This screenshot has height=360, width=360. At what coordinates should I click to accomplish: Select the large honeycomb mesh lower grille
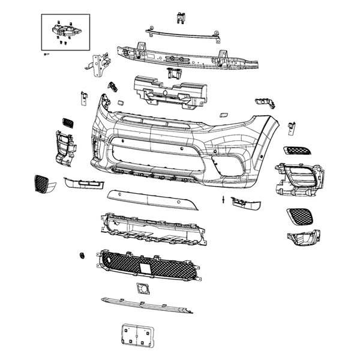tap(147, 264)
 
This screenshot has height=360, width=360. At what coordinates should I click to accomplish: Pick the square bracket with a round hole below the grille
tap(144, 287)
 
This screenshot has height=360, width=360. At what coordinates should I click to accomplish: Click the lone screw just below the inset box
tap(47, 54)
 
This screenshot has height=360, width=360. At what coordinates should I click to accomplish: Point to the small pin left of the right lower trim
tap(223, 199)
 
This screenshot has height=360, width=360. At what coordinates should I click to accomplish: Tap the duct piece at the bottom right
tap(303, 238)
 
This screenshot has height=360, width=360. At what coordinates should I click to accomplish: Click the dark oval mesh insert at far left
tap(43, 183)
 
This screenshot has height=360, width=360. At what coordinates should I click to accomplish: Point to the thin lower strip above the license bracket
tap(147, 305)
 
